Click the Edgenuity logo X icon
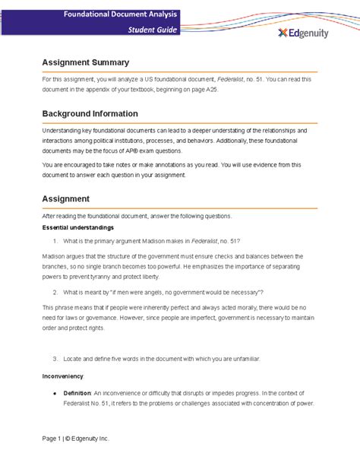pos(283,32)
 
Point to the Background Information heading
pos(90,114)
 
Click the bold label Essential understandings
pos(78,227)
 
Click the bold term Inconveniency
pos(63,376)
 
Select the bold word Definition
pos(77,393)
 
